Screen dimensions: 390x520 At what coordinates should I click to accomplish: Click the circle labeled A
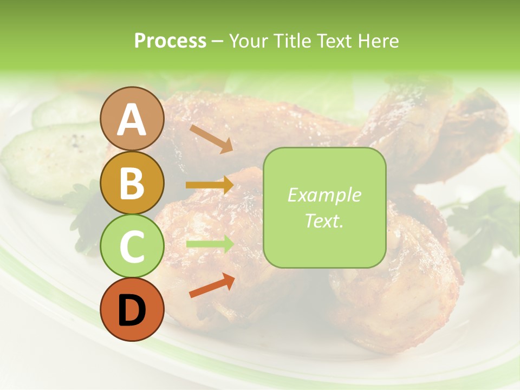132,119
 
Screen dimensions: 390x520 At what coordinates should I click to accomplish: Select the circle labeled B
132,183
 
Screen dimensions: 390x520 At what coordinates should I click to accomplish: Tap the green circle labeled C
132,246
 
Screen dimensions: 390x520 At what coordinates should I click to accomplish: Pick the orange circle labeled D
132,310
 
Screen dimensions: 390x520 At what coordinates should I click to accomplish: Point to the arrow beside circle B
210,185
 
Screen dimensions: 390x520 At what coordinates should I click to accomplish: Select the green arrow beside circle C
210,244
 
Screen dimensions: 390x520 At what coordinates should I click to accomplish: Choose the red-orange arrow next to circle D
212,285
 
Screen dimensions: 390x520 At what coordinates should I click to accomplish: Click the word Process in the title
170,41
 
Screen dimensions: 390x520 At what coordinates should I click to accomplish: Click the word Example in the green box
324,195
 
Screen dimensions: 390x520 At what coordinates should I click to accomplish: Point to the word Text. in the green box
324,221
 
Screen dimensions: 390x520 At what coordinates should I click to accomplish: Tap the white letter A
132,119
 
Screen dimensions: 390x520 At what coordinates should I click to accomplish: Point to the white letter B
132,183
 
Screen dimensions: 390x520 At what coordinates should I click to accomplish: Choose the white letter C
132,246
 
